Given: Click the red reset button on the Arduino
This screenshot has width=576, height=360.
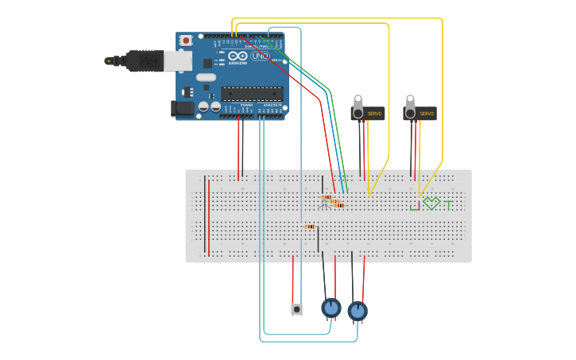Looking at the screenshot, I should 186,41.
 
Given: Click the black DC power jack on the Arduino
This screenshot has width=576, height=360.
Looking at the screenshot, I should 183,109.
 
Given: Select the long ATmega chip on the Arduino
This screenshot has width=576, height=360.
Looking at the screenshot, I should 252,93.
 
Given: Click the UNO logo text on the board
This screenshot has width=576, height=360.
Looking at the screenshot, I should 260,56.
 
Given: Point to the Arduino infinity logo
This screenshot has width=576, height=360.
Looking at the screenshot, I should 238,56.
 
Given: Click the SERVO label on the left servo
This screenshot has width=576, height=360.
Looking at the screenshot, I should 374,114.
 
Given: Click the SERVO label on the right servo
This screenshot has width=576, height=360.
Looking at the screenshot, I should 427,114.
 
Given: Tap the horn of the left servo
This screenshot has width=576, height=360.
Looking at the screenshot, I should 358,103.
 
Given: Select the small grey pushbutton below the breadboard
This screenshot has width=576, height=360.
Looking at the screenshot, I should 296,309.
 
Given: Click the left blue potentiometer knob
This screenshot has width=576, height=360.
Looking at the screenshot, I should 331,307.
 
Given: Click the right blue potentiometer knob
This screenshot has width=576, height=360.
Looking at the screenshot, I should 358,311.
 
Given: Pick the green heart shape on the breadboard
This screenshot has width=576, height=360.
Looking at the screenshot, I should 431,203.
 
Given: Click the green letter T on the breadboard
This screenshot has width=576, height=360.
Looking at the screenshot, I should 448,205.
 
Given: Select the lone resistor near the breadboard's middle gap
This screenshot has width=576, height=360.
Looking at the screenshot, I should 310,226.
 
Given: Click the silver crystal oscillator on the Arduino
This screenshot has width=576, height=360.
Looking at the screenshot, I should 206,77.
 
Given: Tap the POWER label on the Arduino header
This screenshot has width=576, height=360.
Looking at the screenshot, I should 246,104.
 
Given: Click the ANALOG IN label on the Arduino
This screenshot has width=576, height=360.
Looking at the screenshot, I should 272,104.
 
